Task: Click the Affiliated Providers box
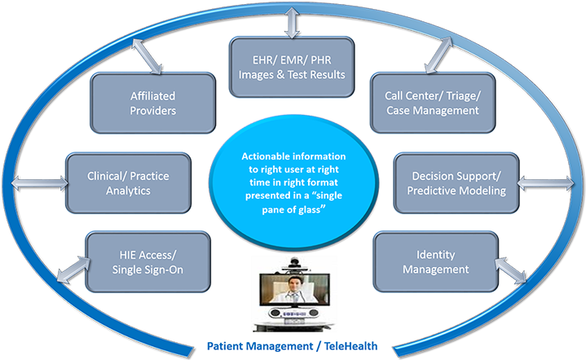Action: click(x=141, y=102)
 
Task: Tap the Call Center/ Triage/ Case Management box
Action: click(x=433, y=102)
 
